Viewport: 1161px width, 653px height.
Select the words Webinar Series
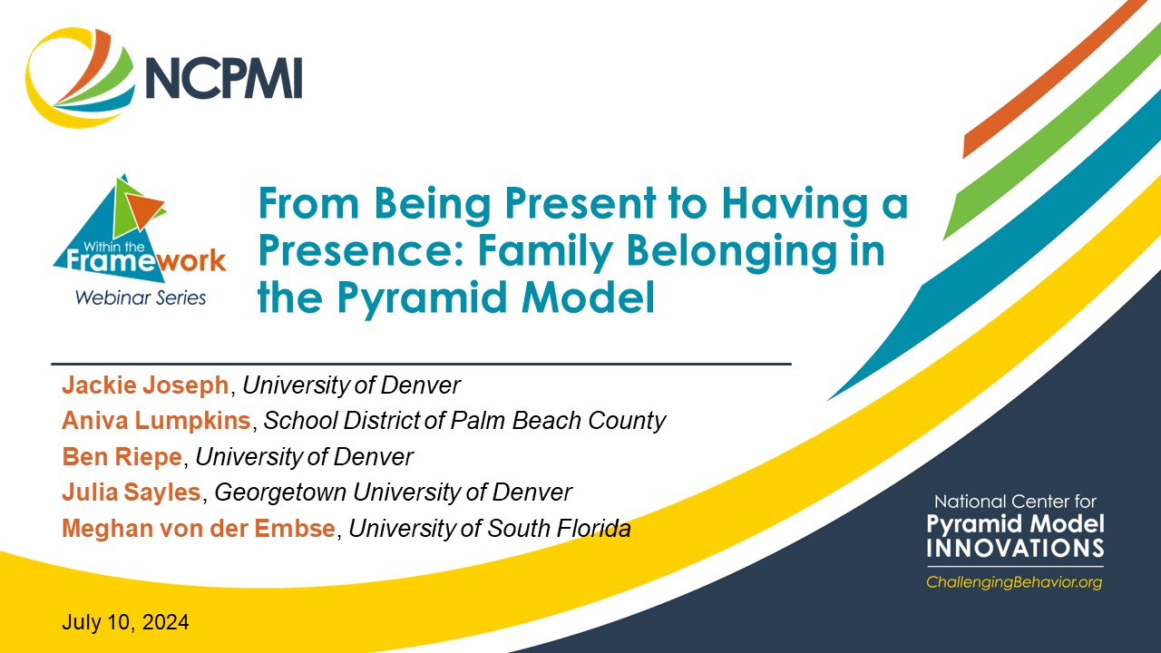(140, 297)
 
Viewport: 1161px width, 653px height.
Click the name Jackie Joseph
(145, 385)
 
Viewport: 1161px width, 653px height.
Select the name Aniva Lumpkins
(157, 421)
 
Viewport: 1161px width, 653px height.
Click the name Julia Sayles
(131, 492)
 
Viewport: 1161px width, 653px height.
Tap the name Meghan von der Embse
(198, 529)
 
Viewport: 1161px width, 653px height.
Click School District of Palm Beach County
(464, 421)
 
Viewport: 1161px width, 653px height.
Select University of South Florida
(490, 529)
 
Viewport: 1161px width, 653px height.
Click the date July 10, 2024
(125, 623)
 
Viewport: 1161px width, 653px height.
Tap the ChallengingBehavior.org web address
(1014, 582)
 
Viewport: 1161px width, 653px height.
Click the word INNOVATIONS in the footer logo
(1015, 549)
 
